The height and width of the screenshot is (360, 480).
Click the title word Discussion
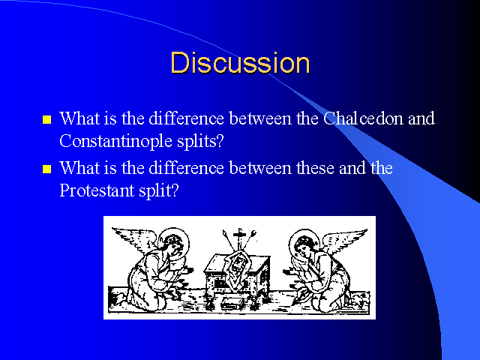(240, 63)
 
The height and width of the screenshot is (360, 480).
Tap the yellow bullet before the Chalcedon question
(46, 119)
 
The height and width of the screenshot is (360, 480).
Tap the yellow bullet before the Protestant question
(46, 169)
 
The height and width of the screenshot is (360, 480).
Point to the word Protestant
(97, 190)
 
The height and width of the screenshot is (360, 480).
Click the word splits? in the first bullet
(200, 142)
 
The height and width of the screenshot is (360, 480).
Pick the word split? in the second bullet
(158, 191)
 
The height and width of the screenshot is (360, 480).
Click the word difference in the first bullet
(187, 118)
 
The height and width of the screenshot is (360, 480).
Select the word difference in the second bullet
(187, 168)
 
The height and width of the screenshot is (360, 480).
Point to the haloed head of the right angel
(304, 243)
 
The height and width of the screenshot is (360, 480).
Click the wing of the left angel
(135, 239)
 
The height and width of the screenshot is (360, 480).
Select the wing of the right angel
(344, 240)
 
